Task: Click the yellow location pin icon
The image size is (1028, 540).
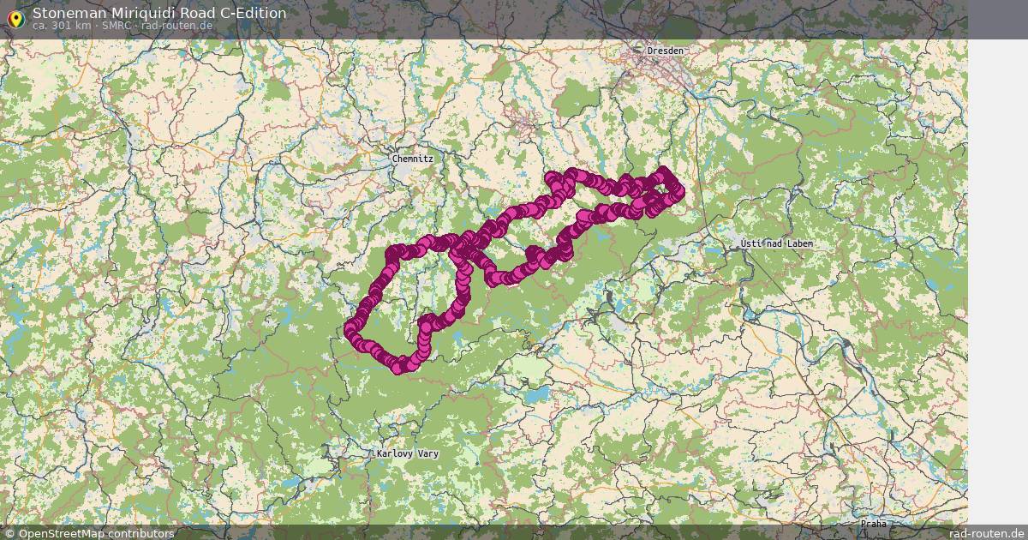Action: tap(15, 18)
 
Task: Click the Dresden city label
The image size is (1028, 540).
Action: tap(666, 51)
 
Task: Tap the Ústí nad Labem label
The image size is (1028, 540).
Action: tap(776, 244)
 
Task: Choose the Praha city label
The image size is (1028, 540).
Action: tap(874, 523)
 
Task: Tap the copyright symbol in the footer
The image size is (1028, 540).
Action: tap(9, 533)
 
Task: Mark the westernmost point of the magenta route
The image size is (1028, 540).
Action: tap(350, 330)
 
